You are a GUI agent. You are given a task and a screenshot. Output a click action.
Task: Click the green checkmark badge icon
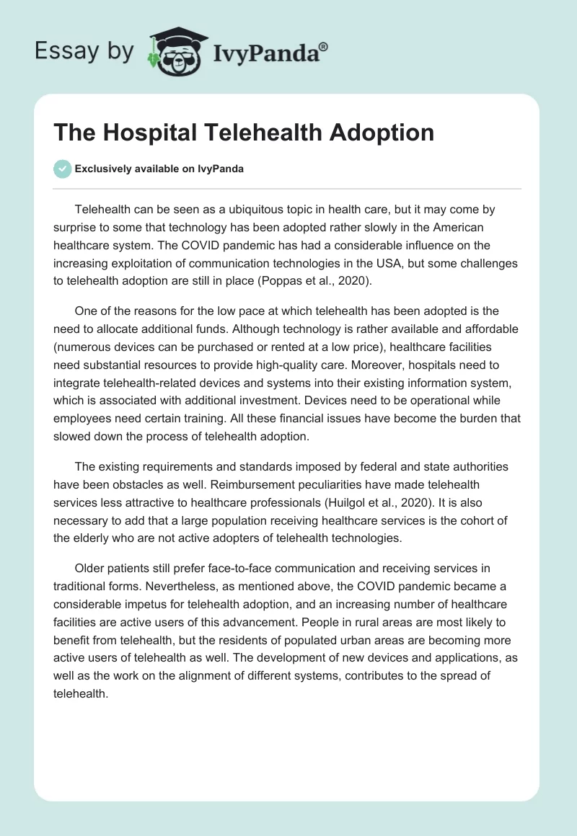62,169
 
